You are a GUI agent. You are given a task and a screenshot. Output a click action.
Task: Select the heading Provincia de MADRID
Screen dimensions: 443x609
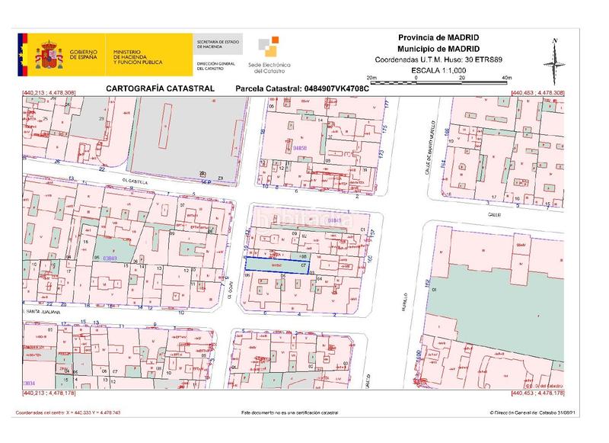[438, 37]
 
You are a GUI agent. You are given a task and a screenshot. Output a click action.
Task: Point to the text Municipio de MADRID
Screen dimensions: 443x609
[438, 48]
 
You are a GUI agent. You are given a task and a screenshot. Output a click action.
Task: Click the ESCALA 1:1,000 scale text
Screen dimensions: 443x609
[438, 69]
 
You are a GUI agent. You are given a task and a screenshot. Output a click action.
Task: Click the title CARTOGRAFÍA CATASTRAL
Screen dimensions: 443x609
[149, 88]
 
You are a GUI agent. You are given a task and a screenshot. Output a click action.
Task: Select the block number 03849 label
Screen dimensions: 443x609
[110, 259]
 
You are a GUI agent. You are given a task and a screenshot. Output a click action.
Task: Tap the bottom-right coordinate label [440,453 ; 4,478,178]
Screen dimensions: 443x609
[538, 393]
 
